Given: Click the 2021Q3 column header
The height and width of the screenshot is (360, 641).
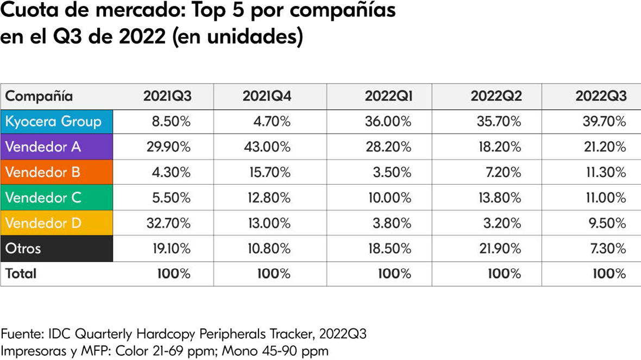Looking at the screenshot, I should (167, 97).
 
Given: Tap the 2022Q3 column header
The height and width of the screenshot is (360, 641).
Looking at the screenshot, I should (601, 97).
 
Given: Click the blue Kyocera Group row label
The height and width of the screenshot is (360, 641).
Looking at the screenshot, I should (54, 122).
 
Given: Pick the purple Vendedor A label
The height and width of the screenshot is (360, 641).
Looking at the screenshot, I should (43, 147).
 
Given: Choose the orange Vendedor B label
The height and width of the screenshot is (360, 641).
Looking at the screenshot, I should (43, 172).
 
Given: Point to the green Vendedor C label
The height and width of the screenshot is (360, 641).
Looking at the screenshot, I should (43, 198).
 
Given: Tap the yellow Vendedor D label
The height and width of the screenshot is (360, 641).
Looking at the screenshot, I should (43, 223).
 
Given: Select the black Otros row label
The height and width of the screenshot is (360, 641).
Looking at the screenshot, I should (23, 249).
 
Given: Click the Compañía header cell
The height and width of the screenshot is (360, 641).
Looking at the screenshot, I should (39, 97).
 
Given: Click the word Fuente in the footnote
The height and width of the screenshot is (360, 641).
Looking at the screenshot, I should (23, 334).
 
